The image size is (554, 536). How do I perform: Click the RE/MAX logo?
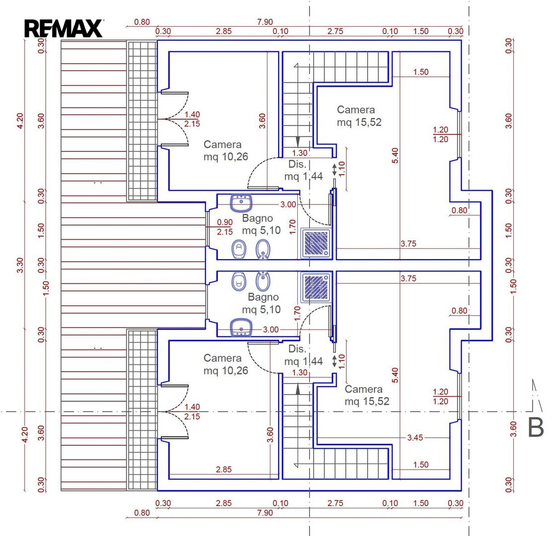click(64, 28)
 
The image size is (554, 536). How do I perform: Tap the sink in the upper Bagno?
click(241, 203)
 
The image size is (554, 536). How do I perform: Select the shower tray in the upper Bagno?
click(316, 244)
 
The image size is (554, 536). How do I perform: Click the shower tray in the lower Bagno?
click(316, 287)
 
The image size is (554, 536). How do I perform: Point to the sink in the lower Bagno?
click(241, 328)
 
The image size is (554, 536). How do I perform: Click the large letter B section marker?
click(535, 427)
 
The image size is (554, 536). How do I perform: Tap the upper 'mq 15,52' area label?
click(359, 122)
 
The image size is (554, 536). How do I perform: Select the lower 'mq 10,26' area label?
click(226, 371)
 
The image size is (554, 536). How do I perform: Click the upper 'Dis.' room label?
click(297, 164)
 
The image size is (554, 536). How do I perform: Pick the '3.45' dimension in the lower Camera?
click(415, 438)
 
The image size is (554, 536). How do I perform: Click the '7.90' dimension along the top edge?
click(265, 22)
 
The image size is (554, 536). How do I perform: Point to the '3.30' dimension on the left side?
click(20, 265)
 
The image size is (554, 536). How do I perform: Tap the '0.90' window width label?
click(225, 222)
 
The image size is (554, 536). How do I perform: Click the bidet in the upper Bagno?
click(263, 250)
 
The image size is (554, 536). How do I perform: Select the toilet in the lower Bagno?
click(239, 281)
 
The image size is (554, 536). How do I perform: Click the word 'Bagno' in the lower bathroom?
click(263, 297)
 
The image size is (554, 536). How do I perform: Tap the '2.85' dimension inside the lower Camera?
click(224, 469)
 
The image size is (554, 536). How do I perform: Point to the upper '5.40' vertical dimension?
click(395, 155)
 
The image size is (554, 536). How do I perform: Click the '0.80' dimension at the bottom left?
click(142, 513)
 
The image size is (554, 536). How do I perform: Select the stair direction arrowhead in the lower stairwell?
click(298, 389)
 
